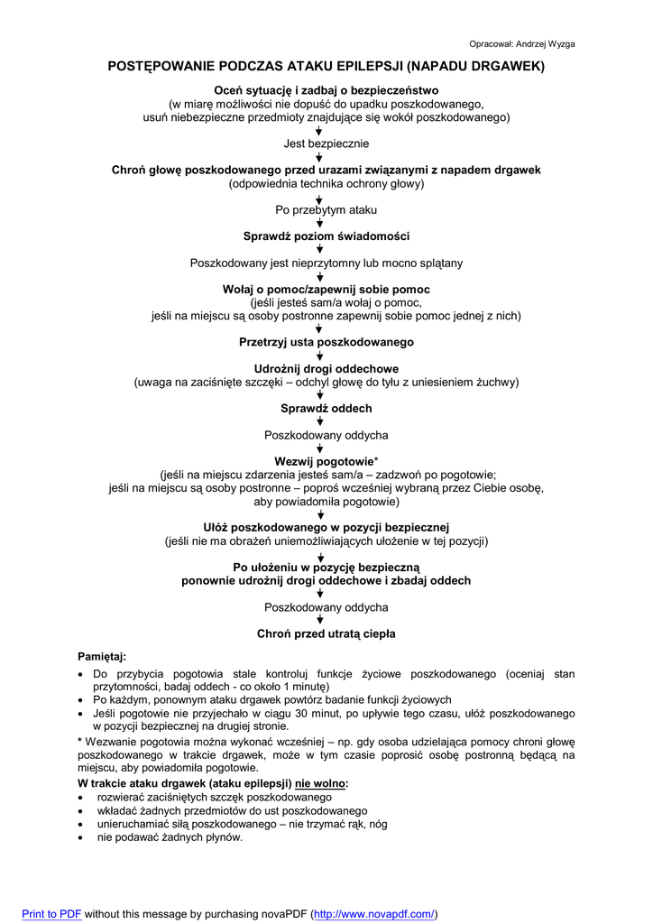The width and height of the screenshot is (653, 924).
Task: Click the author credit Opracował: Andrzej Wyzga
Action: (x=522, y=43)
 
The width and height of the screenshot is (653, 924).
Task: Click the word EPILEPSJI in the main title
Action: (x=358, y=67)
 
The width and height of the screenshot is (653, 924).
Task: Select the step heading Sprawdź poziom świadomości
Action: (x=326, y=236)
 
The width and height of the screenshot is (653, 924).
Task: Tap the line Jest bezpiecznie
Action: (x=326, y=143)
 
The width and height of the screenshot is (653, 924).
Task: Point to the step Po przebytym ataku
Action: (x=326, y=209)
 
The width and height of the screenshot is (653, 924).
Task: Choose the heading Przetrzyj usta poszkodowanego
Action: (x=326, y=342)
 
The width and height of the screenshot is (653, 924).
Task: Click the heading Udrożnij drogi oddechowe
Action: (x=326, y=369)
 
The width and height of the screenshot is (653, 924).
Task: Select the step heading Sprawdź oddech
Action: (x=326, y=408)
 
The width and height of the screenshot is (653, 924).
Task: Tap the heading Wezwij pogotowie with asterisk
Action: (x=326, y=461)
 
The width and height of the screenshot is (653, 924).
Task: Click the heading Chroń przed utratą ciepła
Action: (x=326, y=633)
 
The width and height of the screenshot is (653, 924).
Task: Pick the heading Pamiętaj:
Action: (x=103, y=656)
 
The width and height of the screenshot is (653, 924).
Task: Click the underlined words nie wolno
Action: (x=321, y=783)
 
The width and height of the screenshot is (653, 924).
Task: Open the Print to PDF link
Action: (x=51, y=914)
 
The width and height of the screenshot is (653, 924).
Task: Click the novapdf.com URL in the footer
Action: (x=374, y=914)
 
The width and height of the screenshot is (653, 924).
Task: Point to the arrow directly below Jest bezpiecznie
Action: (x=318, y=157)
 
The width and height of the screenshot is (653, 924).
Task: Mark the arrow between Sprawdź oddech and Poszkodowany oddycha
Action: (x=318, y=421)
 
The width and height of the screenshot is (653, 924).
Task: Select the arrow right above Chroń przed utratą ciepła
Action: (x=318, y=620)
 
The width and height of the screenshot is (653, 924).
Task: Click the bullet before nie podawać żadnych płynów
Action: (x=82, y=837)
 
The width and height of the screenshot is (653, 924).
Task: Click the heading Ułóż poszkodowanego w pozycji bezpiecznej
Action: (x=326, y=527)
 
